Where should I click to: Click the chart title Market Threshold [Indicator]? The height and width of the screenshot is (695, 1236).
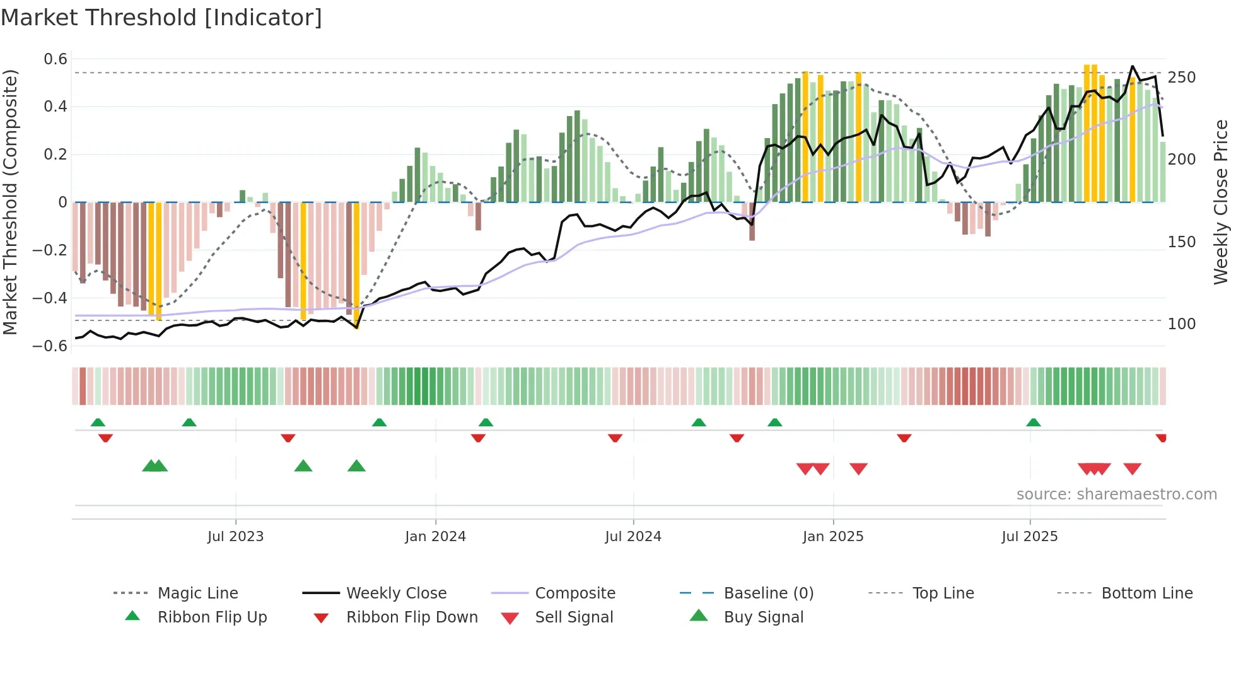(161, 18)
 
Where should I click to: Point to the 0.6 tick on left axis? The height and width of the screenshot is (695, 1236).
(55, 59)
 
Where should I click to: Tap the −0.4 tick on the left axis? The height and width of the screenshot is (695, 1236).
(50, 298)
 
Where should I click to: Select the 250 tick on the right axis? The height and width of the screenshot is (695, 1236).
(1181, 78)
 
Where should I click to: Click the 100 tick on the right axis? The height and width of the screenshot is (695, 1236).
(1181, 324)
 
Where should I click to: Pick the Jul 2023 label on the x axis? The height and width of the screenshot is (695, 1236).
(235, 537)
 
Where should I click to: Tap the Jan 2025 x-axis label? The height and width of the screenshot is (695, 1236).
(832, 537)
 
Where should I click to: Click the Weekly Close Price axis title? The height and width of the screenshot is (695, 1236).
(1220, 202)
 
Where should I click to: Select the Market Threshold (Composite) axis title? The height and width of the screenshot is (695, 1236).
(10, 202)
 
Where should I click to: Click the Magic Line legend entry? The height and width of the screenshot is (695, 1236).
(197, 593)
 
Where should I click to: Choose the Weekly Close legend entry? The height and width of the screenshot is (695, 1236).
(396, 593)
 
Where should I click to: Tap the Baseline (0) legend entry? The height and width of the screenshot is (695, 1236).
(768, 593)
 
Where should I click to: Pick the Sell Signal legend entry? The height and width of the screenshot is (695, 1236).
(573, 617)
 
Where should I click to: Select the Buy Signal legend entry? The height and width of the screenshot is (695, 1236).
(763, 617)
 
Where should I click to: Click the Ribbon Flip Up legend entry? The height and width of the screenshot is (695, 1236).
(212, 617)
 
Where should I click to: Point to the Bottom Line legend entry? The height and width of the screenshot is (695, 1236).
(1146, 593)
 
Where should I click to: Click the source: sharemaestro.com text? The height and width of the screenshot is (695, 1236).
(1116, 494)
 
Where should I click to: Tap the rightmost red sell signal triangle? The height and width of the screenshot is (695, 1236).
(1132, 469)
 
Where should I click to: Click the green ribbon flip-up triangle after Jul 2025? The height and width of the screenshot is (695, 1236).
(1033, 423)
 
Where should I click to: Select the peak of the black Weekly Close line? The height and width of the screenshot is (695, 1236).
(1133, 66)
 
